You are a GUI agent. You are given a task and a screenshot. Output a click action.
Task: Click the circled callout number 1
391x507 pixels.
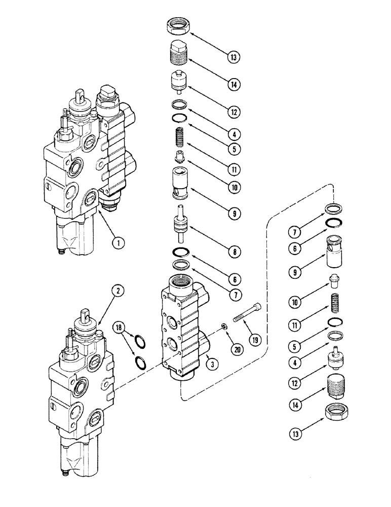pos(119,242)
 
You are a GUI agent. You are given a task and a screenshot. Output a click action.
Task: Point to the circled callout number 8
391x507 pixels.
pos(233,250)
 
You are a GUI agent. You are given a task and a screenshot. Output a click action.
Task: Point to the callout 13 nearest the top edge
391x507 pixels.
pos(233,57)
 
